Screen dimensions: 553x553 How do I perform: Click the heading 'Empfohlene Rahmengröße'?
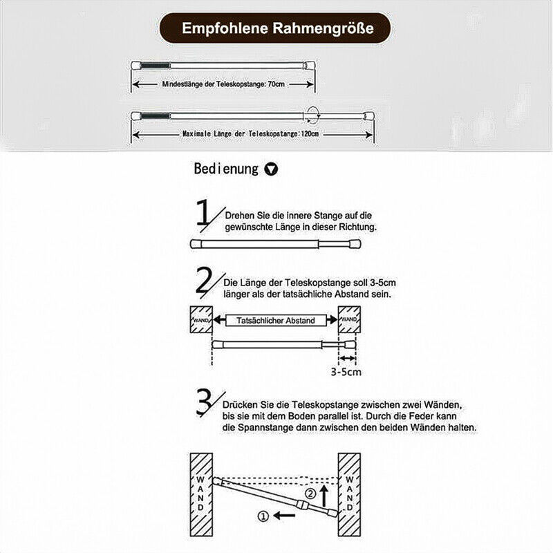276,29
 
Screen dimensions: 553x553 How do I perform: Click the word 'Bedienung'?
226,169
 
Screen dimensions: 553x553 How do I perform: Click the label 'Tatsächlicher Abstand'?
275,321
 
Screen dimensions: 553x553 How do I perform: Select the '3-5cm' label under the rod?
346,371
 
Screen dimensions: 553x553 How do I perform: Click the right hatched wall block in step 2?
349,321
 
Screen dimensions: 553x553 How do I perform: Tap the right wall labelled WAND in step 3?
349,493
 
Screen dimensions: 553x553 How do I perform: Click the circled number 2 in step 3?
310,494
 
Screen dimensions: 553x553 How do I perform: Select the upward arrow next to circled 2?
322,493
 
